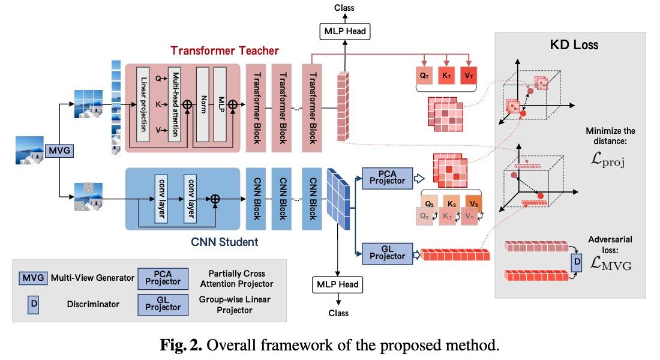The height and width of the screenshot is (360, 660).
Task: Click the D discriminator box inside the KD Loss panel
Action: [x=576, y=262]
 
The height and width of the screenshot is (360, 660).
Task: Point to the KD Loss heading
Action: [x=574, y=44]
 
